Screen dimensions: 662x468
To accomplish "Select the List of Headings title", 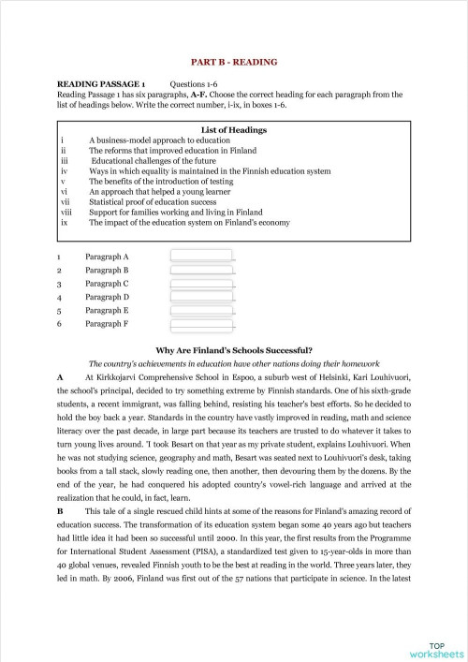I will click(234, 128).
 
